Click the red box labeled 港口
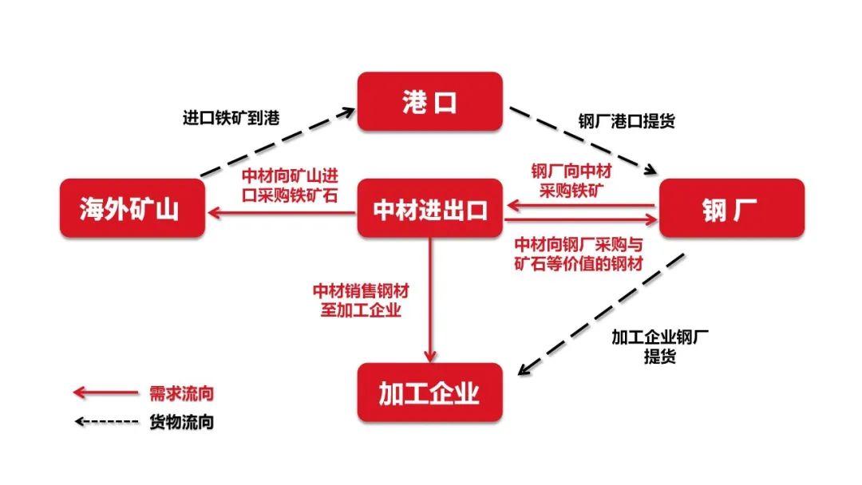(430, 101)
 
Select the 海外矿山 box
(132, 208)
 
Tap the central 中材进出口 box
(430, 208)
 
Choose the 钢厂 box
(732, 208)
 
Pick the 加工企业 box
(430, 392)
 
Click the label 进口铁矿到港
(231, 117)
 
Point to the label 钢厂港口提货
(627, 120)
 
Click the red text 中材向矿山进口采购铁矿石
(290, 186)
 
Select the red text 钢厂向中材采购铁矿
(571, 181)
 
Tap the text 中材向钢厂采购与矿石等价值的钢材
(579, 254)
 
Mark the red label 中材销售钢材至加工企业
(361, 301)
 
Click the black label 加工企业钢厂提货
(660, 346)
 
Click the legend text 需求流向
(181, 393)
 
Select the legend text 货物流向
(181, 422)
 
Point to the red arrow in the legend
(105, 392)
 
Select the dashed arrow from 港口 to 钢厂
(583, 140)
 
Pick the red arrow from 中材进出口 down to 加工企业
(430, 300)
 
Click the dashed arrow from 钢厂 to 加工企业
(602, 314)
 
